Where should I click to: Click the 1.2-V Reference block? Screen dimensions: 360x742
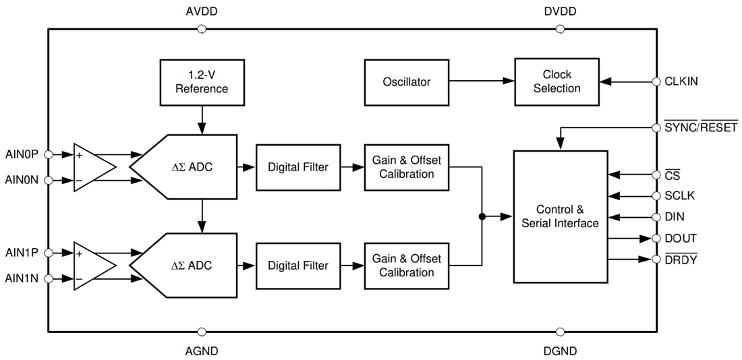202,82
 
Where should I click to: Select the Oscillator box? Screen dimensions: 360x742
406,82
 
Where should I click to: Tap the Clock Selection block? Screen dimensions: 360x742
556,82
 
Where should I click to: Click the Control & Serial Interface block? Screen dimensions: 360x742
560,216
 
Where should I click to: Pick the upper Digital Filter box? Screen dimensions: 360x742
297,167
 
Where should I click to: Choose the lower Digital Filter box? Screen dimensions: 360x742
297,266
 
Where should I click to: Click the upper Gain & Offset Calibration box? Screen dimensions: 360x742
406,167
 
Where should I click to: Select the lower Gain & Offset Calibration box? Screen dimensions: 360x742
406,266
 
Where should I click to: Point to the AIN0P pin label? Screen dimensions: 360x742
22,154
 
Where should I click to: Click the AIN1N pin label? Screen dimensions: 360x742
22,278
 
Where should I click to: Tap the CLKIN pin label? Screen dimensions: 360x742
681,82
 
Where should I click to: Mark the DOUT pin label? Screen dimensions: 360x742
681,239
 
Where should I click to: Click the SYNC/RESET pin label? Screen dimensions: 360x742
701,127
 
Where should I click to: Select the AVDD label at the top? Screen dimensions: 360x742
201,12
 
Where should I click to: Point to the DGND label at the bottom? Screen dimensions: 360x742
560,351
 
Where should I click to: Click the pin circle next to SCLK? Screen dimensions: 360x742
656,196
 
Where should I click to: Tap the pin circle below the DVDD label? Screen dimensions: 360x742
560,29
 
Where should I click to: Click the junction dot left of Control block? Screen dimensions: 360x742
482,216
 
